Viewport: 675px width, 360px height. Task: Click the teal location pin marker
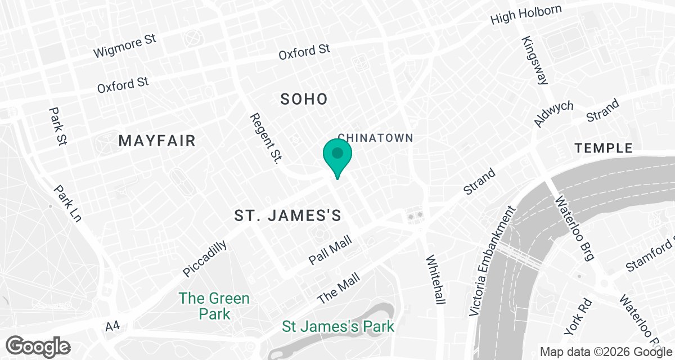click(x=337, y=156)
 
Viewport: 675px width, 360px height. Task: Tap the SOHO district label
click(x=304, y=100)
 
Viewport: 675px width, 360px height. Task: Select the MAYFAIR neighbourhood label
click(x=157, y=141)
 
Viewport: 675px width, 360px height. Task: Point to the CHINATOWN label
click(x=375, y=138)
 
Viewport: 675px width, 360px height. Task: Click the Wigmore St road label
click(x=124, y=46)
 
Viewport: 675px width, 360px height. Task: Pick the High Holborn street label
click(x=526, y=15)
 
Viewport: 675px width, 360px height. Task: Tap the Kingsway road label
click(x=535, y=60)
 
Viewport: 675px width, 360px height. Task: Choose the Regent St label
click(x=265, y=138)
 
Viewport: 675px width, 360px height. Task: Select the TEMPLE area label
click(x=604, y=148)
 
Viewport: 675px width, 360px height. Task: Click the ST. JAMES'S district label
click(x=289, y=215)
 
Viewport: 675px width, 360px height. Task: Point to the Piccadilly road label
click(x=205, y=258)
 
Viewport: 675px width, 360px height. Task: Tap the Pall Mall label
click(x=331, y=250)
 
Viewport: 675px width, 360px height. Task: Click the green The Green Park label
click(x=214, y=305)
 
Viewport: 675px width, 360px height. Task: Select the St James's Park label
click(x=337, y=326)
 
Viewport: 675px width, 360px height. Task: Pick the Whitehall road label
click(x=435, y=280)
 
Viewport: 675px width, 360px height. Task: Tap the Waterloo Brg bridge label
click(x=574, y=228)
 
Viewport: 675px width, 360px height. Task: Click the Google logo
click(x=39, y=345)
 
